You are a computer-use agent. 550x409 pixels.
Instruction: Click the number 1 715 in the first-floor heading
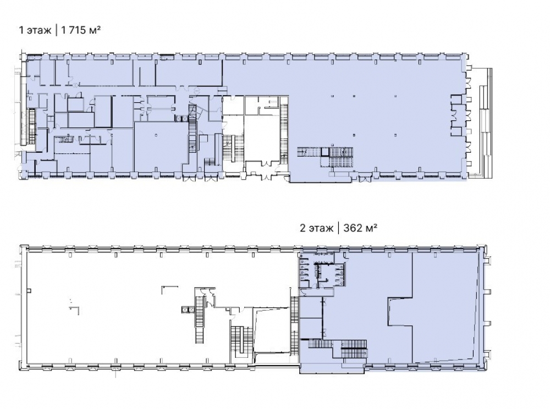73,30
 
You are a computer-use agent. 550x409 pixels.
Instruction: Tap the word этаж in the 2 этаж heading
321,229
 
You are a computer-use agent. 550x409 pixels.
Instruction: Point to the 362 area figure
353,229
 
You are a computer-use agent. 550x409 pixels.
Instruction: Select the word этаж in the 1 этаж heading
39,30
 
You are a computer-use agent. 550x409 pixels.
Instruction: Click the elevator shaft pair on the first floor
182,119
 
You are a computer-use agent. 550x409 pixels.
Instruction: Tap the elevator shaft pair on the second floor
188,310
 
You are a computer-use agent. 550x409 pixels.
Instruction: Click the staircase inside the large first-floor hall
325,157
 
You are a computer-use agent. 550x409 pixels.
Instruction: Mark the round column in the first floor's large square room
156,135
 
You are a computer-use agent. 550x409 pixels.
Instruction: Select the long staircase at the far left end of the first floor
32,126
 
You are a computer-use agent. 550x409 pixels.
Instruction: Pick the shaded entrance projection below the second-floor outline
332,368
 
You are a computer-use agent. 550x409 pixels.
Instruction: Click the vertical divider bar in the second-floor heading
338,228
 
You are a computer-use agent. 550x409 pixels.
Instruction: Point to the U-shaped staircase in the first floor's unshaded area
233,148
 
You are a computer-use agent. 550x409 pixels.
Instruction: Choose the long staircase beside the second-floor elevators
199,319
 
